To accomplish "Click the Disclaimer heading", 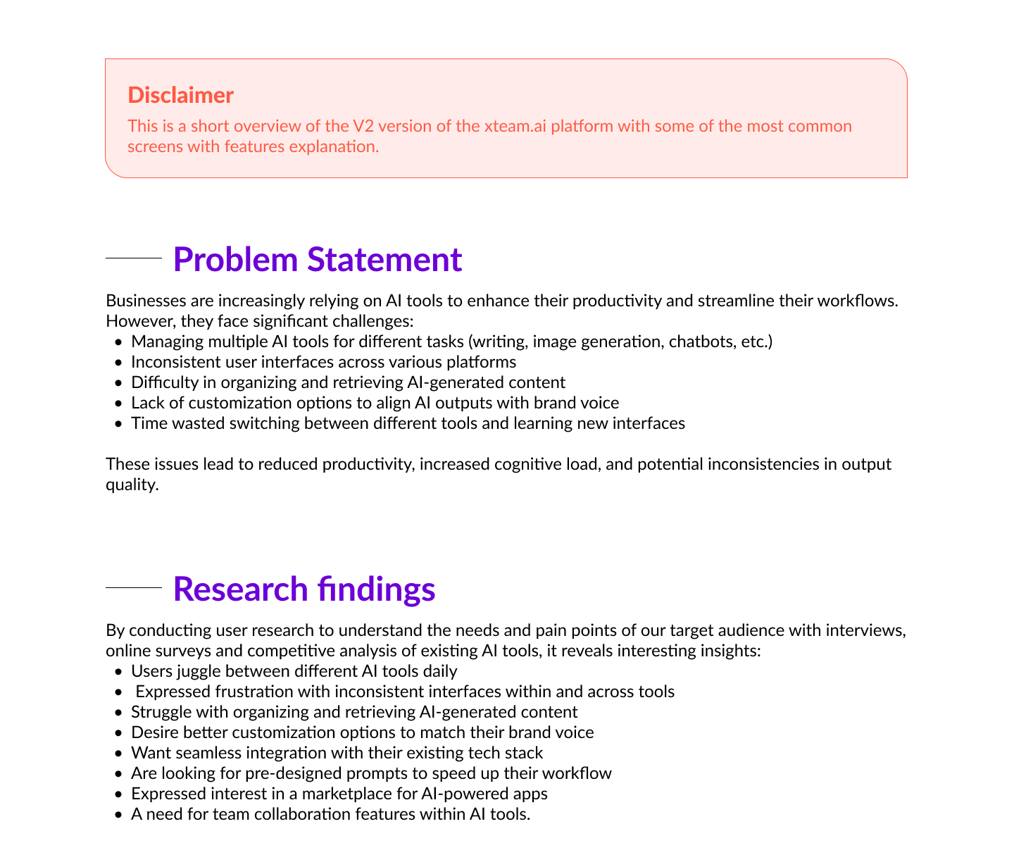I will (180, 95).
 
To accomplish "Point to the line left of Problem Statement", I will (134, 258).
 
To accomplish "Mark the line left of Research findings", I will (134, 588).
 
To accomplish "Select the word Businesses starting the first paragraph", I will (146, 301).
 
